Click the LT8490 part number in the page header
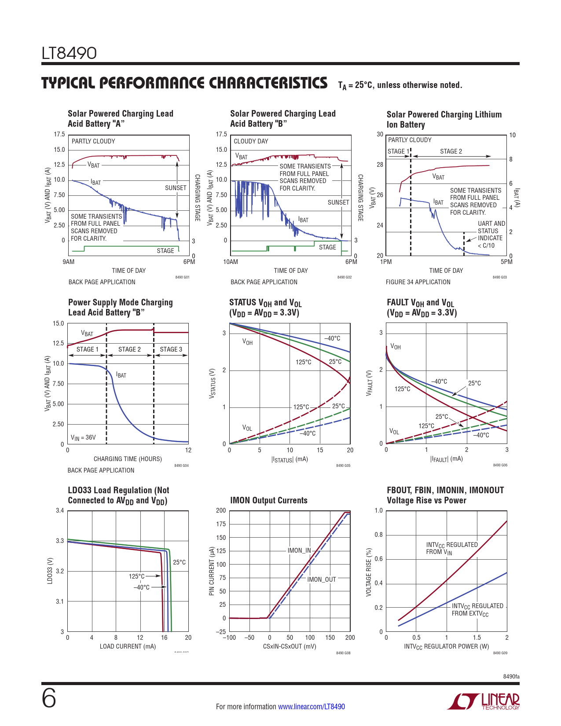pos(69,53)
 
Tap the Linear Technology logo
pos(484,701)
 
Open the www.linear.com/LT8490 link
pos(311,707)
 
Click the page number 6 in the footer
pos(49,698)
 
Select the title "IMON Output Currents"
pos(268,500)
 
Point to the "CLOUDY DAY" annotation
pos(251,141)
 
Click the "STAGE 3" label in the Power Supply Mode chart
pos(171,349)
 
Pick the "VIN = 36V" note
pos(83,437)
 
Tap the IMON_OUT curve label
pos(321,579)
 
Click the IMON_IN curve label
pos(299,550)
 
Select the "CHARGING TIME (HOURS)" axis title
pos(128,459)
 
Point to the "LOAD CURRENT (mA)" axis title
pos(128,646)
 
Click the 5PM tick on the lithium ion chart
pos(506,262)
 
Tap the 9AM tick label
pos(69,262)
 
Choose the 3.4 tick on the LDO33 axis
pos(60,510)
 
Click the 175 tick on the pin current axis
pos(221,524)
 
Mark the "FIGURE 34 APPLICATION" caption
pos(418,282)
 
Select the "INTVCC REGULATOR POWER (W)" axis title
pos(446,646)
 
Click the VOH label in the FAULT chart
pos(396,347)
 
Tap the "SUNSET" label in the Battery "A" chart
pos(176,188)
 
